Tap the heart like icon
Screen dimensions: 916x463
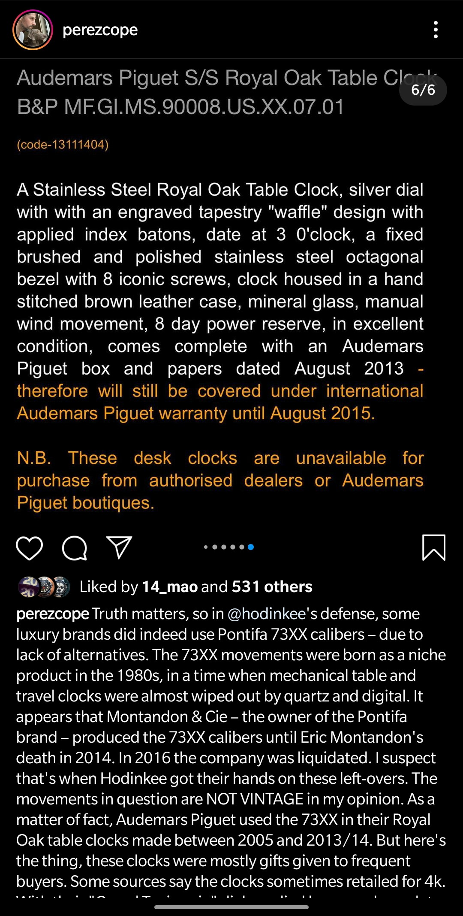tap(29, 547)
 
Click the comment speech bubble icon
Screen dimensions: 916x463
tap(75, 547)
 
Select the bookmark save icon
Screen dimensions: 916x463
tap(434, 547)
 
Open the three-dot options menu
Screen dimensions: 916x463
tap(436, 30)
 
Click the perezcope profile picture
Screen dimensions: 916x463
tap(33, 30)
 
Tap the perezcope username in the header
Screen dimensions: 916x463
tap(100, 30)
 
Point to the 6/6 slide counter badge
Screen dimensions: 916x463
tap(423, 90)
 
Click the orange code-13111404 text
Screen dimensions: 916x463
tap(63, 145)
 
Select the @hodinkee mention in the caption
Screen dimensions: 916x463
tap(266, 614)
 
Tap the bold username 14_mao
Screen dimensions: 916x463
tap(169, 586)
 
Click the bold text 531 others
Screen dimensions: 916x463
tap(272, 586)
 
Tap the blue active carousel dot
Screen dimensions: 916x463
tap(251, 547)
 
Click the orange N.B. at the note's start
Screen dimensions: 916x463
tap(34, 458)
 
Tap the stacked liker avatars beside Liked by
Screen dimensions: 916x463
tap(44, 586)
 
